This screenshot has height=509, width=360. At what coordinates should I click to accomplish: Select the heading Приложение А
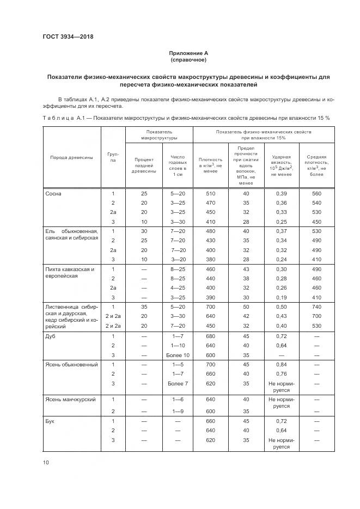[188, 53]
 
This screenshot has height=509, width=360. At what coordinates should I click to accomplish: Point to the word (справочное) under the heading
[188, 60]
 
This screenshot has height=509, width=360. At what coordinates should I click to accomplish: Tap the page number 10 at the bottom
[46, 462]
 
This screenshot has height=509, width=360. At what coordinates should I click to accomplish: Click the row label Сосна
[53, 194]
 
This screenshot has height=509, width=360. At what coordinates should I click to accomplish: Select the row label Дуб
[50, 336]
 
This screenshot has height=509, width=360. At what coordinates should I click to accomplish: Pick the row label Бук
[50, 421]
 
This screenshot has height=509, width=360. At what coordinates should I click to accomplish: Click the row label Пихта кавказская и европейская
[70, 272]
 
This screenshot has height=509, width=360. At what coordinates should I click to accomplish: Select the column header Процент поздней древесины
[144, 165]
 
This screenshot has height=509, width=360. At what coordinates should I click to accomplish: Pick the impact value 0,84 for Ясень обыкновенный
[282, 364]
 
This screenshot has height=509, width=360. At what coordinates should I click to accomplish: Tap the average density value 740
[316, 308]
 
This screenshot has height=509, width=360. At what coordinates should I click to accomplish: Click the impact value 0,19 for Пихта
[282, 297]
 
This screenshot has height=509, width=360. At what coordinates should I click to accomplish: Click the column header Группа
[113, 157]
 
